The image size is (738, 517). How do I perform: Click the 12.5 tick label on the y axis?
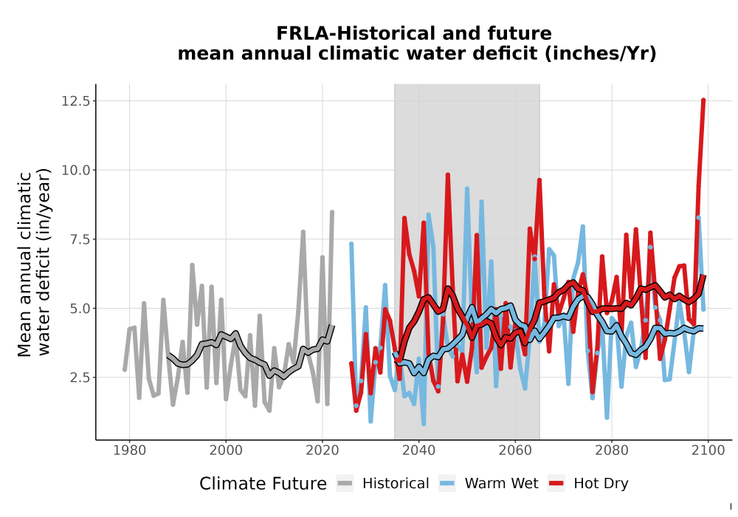pos(75,100)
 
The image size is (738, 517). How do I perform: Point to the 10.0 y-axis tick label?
pos(75,170)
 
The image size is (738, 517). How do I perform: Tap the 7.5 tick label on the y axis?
pos(79,239)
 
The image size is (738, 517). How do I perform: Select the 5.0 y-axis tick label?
pos(79,309)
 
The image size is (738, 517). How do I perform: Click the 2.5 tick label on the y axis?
pos(79,377)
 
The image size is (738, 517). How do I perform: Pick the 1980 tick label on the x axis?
pos(129,451)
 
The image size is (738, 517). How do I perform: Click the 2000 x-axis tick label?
pos(226,451)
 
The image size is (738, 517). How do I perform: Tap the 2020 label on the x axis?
pos(323,451)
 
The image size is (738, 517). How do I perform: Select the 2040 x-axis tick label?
pos(419,451)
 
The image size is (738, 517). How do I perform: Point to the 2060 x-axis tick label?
pos(515,451)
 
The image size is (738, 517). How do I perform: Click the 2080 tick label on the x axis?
pos(612,451)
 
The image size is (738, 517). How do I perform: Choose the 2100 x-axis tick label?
pos(708,451)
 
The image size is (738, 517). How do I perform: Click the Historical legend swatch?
pos(345,484)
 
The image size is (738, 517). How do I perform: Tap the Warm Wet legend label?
pos(501,484)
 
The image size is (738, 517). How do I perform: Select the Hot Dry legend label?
pos(601,484)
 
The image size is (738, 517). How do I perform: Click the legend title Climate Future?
pos(263,484)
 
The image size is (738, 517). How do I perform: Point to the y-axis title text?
pos(34,263)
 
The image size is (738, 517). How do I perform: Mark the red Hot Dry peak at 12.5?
pos(703,100)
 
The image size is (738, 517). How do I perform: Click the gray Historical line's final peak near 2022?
pos(332,213)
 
